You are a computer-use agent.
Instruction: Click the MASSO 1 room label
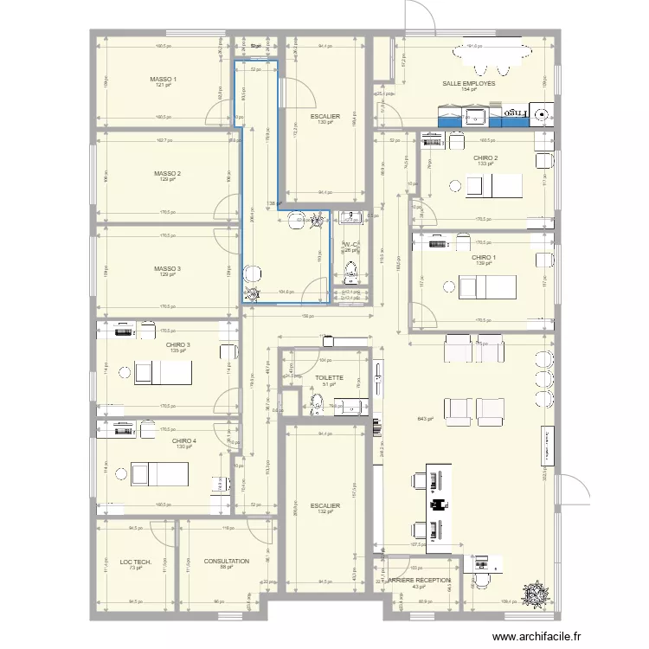[x=163, y=80]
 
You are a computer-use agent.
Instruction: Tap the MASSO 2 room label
[x=167, y=174]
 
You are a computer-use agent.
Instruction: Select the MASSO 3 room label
[x=167, y=268]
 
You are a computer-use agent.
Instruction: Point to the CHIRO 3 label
[x=177, y=345]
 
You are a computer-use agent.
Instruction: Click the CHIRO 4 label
[x=183, y=440]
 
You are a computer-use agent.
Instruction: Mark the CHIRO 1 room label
[x=484, y=257]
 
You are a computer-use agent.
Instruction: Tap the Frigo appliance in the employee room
[x=517, y=113]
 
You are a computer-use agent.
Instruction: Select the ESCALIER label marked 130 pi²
[x=324, y=116]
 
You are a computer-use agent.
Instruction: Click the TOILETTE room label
[x=330, y=378]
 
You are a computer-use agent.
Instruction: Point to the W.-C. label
[x=350, y=245]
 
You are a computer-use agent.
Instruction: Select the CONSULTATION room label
[x=226, y=562]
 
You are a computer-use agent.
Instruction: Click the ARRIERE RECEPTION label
[x=419, y=581]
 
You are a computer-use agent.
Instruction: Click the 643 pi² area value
[x=424, y=419]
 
